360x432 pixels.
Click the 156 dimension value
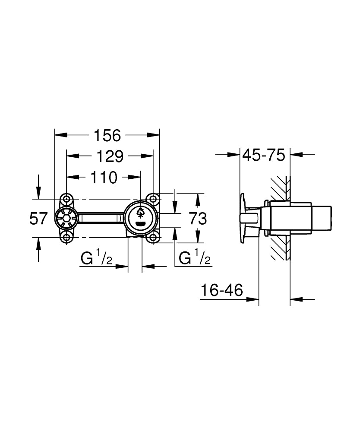click(107, 135)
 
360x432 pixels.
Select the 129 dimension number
click(110, 156)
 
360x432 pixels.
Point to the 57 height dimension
click(38, 219)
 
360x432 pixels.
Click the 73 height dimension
click(198, 219)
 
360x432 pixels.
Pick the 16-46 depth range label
click(221, 291)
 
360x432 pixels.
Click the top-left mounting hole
click(66, 199)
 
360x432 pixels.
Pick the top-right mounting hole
click(153, 199)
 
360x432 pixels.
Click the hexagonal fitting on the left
click(66, 218)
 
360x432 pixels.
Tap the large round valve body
click(140, 218)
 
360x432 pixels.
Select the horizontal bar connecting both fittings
click(100, 218)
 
